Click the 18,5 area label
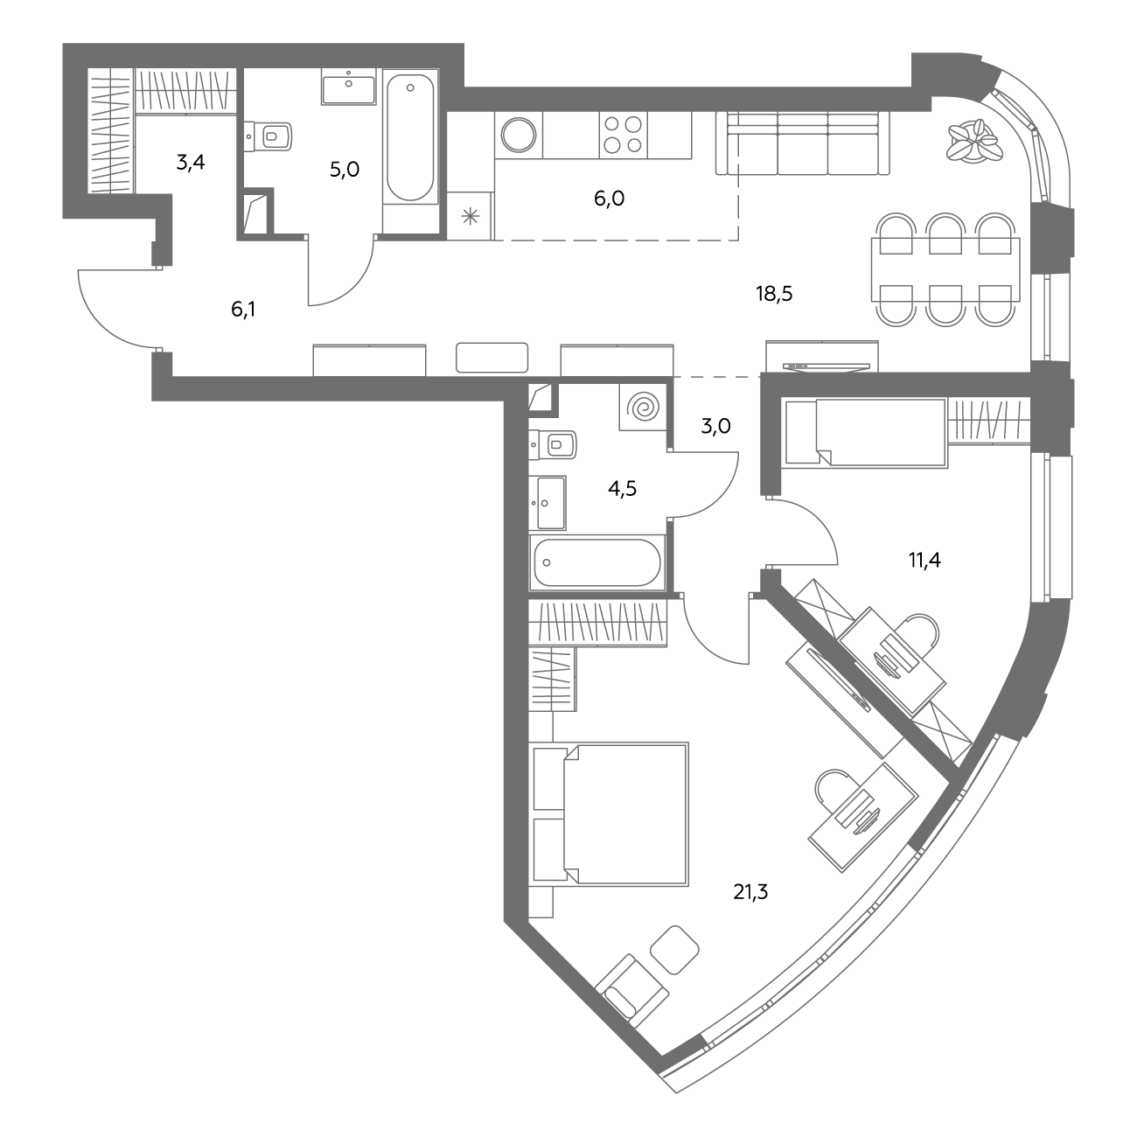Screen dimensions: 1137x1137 [774, 293]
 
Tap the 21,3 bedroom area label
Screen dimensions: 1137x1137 [750, 891]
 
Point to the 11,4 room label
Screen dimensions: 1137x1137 [924, 560]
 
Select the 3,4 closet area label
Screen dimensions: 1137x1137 [190, 162]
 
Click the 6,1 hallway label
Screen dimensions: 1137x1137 [243, 309]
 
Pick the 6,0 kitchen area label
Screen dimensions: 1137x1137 [609, 199]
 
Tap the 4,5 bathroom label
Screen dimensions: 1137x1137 [622, 489]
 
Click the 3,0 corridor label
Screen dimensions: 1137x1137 [715, 425]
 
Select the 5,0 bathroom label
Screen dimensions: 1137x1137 [345, 170]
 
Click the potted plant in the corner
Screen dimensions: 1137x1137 [974, 141]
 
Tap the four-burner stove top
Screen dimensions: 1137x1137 [623, 135]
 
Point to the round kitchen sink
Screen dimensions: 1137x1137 [519, 135]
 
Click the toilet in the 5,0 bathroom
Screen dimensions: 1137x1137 [269, 137]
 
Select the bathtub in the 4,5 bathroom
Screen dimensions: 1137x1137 [597, 562]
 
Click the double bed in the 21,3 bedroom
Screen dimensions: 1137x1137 [610, 814]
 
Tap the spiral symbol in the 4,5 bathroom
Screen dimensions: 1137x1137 [643, 407]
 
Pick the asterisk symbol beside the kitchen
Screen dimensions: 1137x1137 [471, 217]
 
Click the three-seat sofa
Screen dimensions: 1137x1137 [802, 143]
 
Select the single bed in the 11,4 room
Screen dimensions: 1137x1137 [866, 433]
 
